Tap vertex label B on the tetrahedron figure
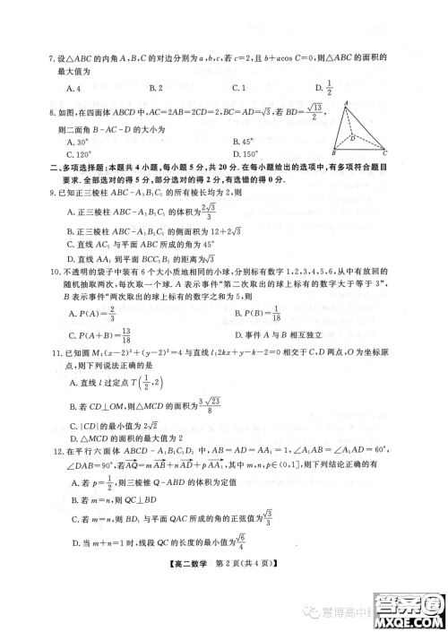coord(333,151)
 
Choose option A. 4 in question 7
coord(75,88)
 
